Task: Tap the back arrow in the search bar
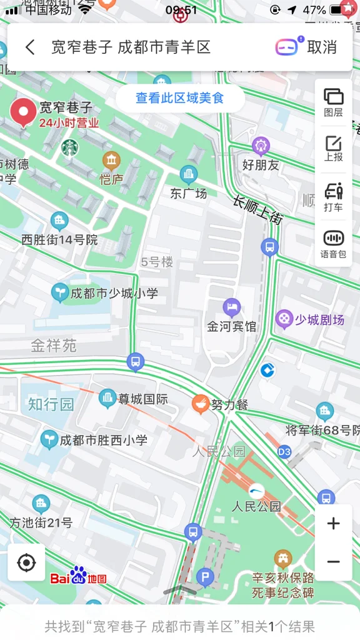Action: click(30, 47)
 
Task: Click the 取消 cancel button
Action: click(322, 47)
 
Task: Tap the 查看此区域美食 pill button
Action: click(180, 98)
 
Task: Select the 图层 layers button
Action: click(333, 102)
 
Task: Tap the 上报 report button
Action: click(333, 149)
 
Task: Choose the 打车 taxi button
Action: click(333, 197)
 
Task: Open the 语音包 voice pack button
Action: click(333, 244)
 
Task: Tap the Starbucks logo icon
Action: click(70, 148)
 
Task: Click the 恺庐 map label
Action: click(111, 179)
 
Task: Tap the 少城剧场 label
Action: click(319, 320)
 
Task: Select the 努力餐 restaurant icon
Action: click(201, 404)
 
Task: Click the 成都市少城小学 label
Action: click(114, 292)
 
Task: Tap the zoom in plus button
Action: click(333, 524)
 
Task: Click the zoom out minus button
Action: click(333, 561)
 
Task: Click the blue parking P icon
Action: click(205, 577)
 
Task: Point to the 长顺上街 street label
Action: click(258, 210)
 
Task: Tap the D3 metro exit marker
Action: click(284, 451)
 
